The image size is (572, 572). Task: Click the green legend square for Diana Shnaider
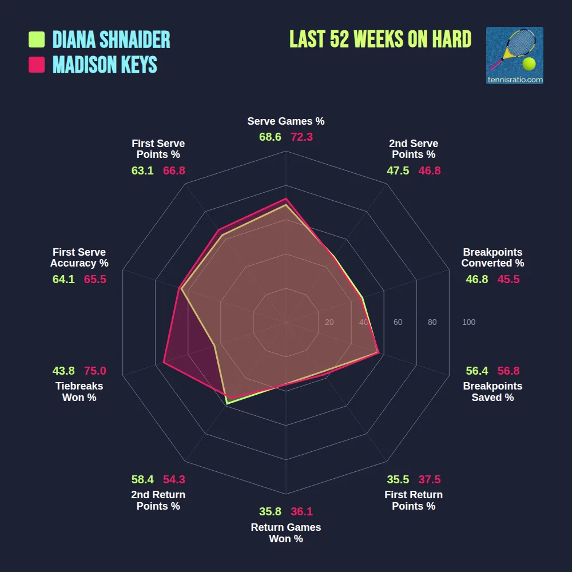37,39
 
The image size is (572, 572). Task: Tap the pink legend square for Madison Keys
37,65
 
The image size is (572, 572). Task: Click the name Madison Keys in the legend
105,65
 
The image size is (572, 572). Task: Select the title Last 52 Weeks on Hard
380,39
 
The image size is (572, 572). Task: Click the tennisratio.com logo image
514,55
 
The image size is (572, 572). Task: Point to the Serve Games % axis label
286,121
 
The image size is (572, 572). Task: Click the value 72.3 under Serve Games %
301,137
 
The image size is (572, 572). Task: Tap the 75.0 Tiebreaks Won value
95,371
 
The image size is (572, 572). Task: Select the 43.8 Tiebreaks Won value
63,371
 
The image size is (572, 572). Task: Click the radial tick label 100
468,323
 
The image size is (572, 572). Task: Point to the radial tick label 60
398,323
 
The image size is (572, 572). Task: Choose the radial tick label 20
329,323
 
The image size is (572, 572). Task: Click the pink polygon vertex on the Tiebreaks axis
164,363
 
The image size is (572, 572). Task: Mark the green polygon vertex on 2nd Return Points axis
227,404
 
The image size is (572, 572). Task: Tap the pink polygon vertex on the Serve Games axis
286,198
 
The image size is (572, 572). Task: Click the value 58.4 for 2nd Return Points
142,479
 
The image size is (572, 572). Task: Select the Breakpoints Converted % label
492,257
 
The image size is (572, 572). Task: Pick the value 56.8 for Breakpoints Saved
509,371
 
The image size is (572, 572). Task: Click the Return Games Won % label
286,533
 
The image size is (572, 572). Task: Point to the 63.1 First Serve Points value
142,170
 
